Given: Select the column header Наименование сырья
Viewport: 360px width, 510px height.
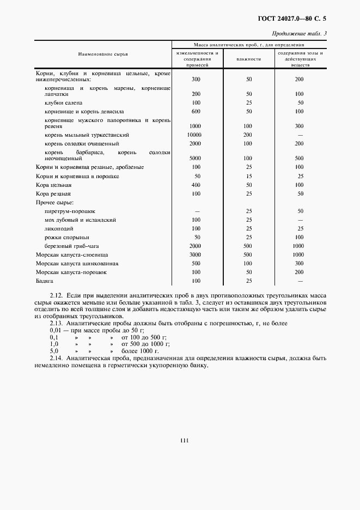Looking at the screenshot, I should coord(103,54).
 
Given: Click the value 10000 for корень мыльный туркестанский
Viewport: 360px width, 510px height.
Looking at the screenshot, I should coord(194,135).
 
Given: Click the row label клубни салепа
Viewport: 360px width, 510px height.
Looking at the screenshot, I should coord(64,102).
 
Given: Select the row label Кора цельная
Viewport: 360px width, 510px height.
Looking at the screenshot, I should coord(54,185).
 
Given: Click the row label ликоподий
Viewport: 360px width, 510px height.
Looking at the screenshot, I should coord(59,229).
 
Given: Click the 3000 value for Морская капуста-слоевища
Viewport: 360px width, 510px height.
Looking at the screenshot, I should coord(196,254).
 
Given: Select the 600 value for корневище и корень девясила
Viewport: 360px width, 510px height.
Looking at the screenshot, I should coord(196,111).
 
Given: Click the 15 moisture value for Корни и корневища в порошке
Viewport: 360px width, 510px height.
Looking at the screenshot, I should coord(248,177).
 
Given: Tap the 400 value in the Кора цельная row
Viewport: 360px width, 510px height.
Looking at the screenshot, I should coord(196,185).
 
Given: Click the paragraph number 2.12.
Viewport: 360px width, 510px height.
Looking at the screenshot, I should coord(56,295).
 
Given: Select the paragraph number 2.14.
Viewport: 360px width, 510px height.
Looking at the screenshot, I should coord(56,359).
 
